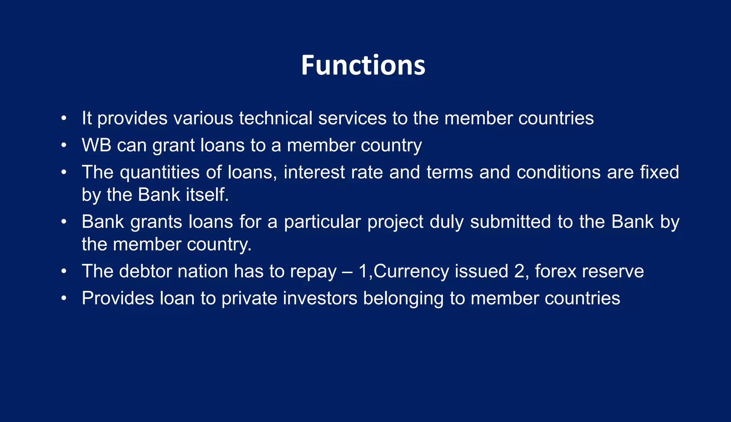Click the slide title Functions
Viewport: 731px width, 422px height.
(363, 65)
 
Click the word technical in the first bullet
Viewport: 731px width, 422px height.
(276, 118)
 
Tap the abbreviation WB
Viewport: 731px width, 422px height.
(96, 145)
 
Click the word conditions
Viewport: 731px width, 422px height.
(559, 172)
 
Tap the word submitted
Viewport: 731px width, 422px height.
(511, 222)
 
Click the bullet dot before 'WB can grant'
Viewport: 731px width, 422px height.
(64, 145)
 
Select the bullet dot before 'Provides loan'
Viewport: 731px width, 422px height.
(64, 298)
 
